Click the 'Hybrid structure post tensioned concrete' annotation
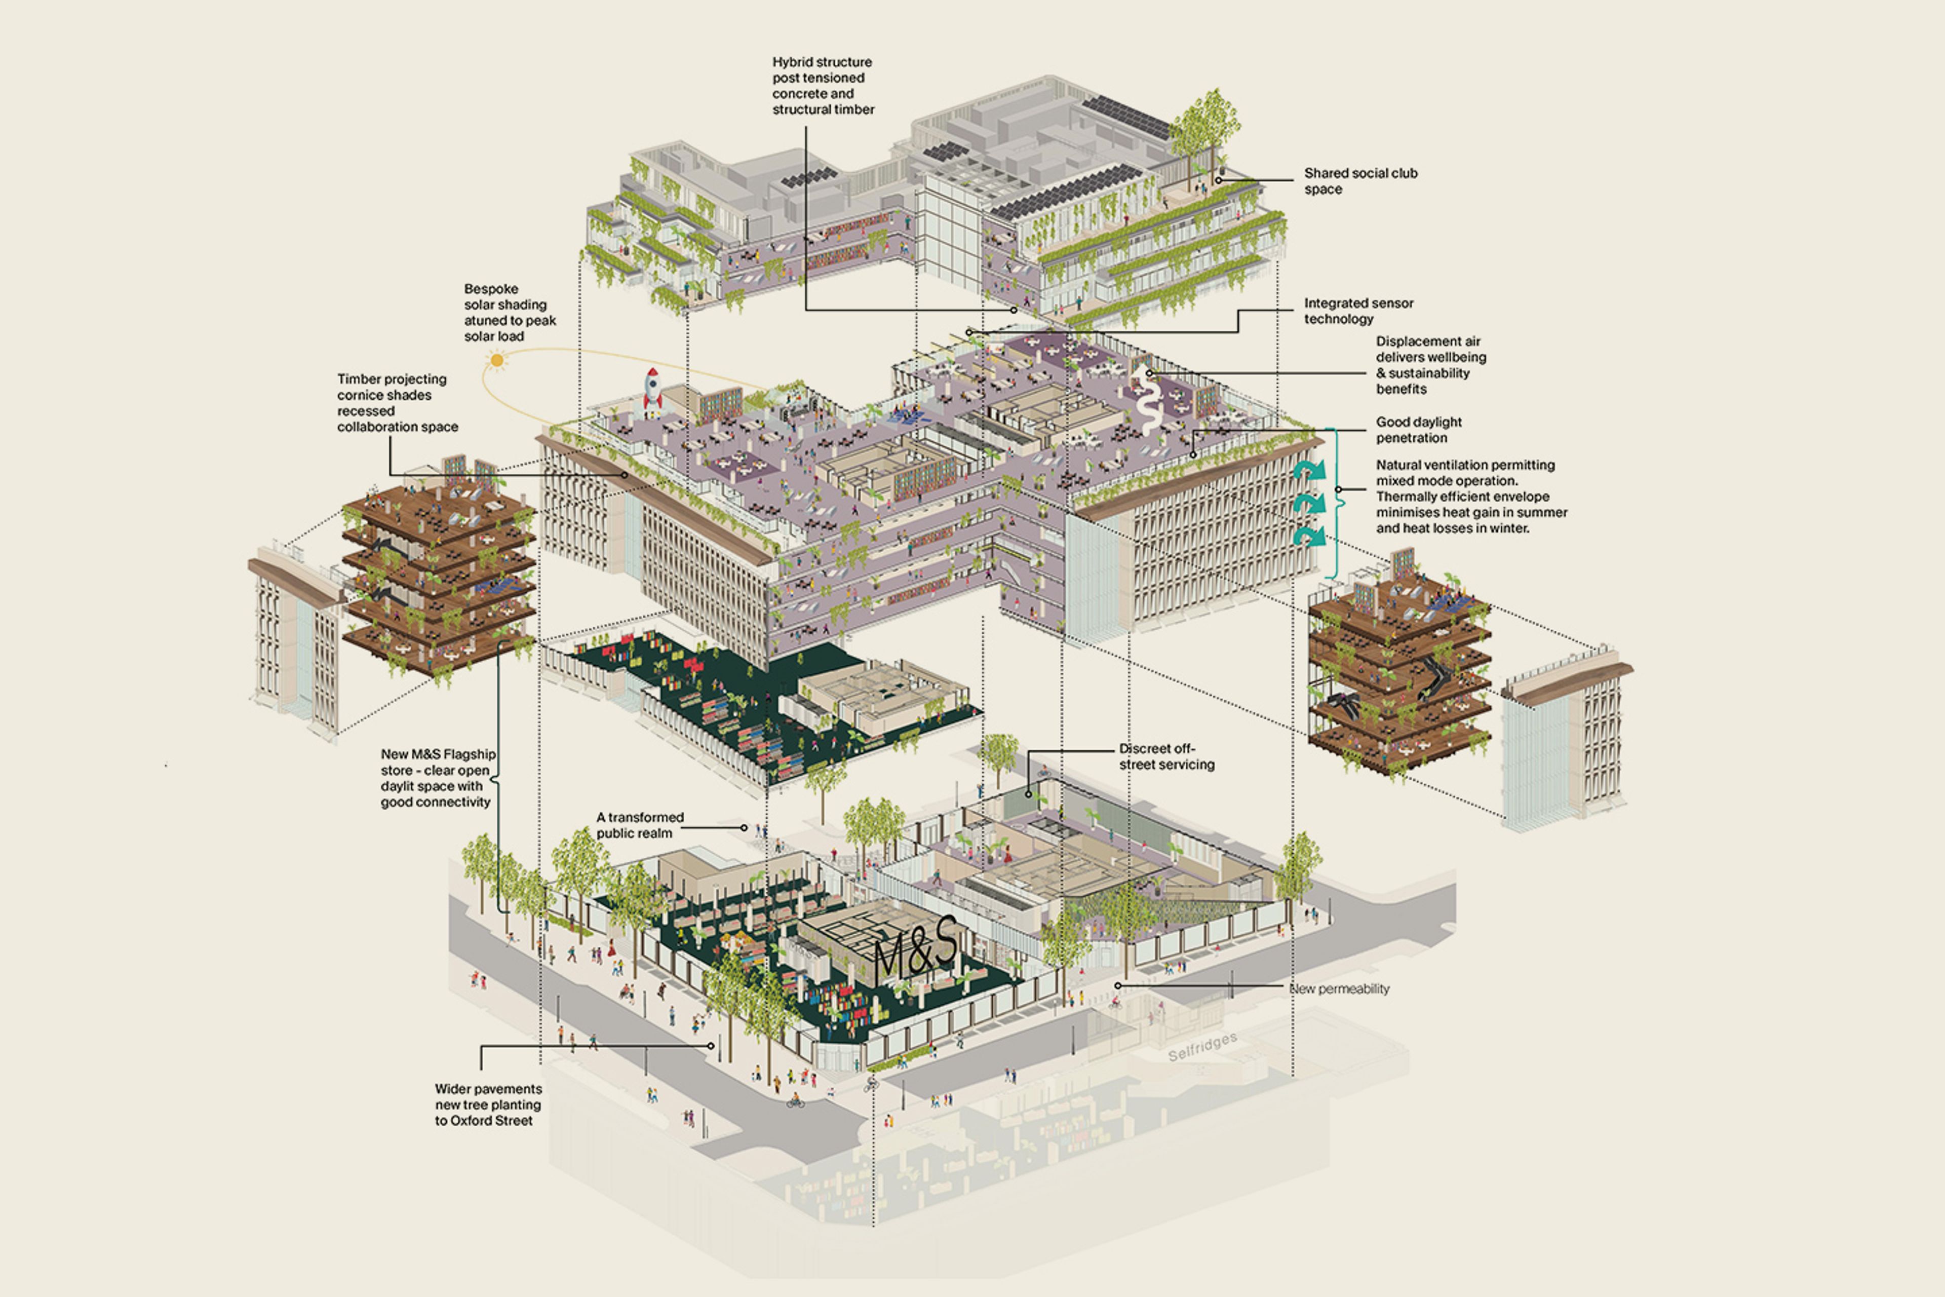[x=822, y=85]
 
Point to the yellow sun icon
[x=496, y=359]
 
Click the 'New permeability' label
[x=1340, y=988]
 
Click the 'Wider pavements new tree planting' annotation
[x=488, y=1104]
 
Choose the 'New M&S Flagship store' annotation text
[x=438, y=778]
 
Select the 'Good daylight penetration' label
[x=1418, y=429]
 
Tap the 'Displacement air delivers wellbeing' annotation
[x=1430, y=365]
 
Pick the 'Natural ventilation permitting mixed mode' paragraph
[x=1470, y=497]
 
